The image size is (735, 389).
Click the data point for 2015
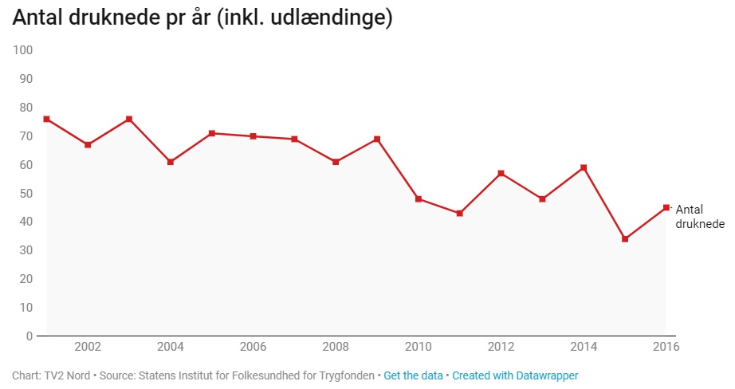click(625, 239)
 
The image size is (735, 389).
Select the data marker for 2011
click(459, 213)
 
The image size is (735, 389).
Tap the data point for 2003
click(128, 119)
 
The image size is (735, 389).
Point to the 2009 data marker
click(377, 139)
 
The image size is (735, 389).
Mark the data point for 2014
click(584, 167)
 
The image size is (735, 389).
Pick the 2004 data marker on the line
click(170, 162)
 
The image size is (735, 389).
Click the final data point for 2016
click(666, 207)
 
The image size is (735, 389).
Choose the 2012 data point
click(501, 173)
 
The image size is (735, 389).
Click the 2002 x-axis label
click(87, 347)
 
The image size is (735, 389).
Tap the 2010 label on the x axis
click(419, 347)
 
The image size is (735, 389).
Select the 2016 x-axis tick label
click(666, 347)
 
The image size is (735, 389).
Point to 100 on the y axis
click(22, 50)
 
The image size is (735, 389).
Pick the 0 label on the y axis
click(28, 336)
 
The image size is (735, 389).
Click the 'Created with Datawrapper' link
click(515, 375)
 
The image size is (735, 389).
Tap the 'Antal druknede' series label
click(699, 216)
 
